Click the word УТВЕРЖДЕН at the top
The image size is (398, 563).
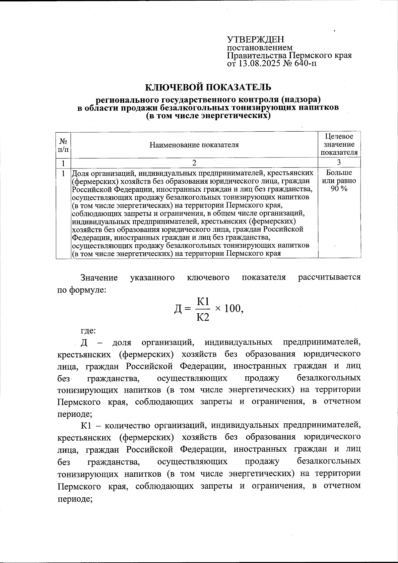255,39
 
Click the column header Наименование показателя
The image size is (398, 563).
194,145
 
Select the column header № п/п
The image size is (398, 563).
63,145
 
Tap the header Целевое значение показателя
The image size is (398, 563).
339,145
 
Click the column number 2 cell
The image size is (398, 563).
194,163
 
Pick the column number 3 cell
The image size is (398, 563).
339,163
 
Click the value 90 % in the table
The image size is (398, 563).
339,189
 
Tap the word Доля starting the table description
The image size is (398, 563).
81,173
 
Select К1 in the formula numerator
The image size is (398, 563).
203,301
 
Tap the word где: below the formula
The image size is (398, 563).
88,330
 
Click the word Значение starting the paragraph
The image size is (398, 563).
99,277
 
